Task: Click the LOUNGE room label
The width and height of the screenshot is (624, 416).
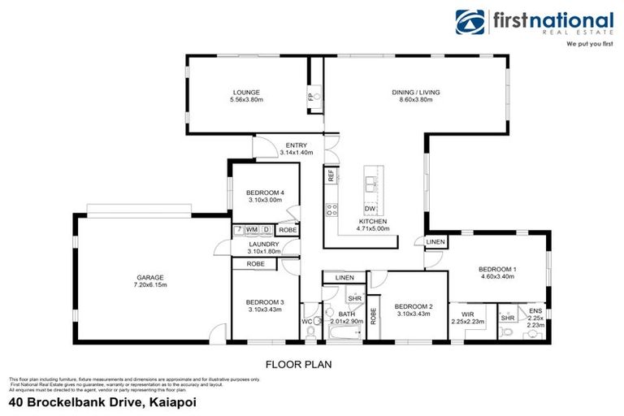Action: click(247, 93)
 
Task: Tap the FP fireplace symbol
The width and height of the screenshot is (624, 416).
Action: click(310, 97)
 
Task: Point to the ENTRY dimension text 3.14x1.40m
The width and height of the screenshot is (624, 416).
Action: click(297, 152)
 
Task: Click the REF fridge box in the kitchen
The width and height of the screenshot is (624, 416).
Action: click(331, 175)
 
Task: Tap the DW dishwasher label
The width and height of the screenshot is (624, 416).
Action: click(370, 208)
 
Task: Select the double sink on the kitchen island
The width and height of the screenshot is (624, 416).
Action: click(373, 184)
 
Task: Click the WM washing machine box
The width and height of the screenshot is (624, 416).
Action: click(252, 230)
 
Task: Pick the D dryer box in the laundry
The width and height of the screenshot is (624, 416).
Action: click(266, 230)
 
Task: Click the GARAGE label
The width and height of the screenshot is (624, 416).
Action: click(149, 278)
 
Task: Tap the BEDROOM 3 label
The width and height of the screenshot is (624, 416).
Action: click(264, 301)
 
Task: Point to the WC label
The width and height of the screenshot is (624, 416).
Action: click(306, 322)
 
